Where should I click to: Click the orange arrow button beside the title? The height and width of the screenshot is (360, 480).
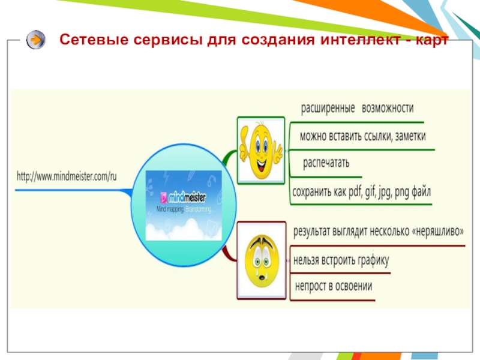point(36,40)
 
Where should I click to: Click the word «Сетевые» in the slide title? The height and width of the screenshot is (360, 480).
point(86,40)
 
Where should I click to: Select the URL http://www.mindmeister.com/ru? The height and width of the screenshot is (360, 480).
point(67,176)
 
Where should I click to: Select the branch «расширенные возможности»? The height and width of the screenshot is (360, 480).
point(357,108)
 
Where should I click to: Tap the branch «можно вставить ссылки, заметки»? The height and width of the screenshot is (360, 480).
point(362,137)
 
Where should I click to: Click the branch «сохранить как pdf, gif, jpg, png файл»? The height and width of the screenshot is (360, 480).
point(361,193)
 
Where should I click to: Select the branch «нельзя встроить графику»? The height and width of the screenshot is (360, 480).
point(341,260)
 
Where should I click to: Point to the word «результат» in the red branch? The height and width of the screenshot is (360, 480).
point(316,231)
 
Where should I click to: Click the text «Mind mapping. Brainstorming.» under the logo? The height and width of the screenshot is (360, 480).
point(184,209)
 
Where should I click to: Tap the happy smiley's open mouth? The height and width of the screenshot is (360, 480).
point(260,163)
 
